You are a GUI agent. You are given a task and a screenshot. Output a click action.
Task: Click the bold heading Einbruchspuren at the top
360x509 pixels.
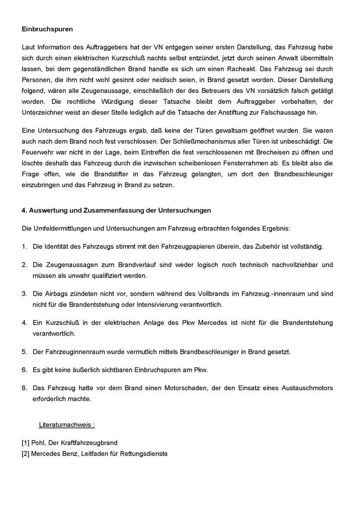[x=47, y=29]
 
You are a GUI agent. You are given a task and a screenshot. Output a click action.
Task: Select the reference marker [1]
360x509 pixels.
[x=25, y=442]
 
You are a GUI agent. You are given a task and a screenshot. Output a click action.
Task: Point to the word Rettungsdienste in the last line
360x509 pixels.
[x=143, y=453]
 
